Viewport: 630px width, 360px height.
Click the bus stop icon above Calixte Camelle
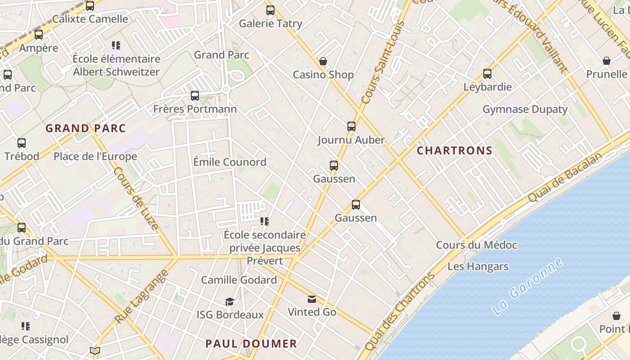point(90,6)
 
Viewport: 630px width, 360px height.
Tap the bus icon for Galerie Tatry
point(270,10)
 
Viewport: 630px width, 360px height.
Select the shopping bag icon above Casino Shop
point(323,61)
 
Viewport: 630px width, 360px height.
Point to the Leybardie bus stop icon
point(487,74)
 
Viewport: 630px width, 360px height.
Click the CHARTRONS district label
point(454,151)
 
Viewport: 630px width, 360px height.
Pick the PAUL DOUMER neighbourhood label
point(251,344)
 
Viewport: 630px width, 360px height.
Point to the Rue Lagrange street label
point(141,297)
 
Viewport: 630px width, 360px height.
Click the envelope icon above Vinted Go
point(312,299)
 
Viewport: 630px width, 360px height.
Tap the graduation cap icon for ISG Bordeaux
point(230,301)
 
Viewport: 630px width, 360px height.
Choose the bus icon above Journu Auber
point(351,126)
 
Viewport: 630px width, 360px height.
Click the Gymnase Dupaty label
point(525,109)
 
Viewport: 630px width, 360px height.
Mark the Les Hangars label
point(478,266)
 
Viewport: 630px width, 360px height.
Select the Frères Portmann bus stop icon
point(195,96)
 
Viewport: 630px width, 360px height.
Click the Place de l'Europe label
point(95,157)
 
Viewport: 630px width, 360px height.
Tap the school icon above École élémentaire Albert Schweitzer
point(116,45)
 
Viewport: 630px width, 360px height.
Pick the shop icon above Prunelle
point(607,61)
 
